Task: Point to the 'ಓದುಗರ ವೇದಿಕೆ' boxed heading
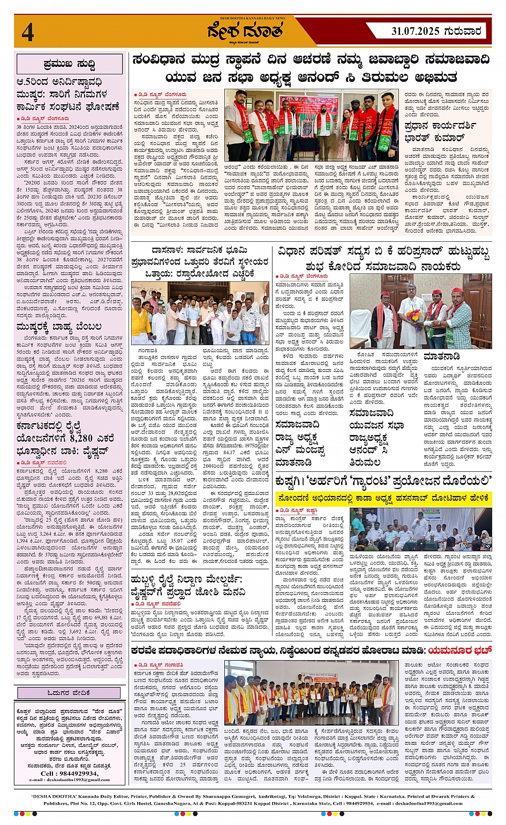(x=70, y=693)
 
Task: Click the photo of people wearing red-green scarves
(x=311, y=124)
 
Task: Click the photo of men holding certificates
(x=311, y=693)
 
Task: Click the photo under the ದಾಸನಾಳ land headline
(x=200, y=314)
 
